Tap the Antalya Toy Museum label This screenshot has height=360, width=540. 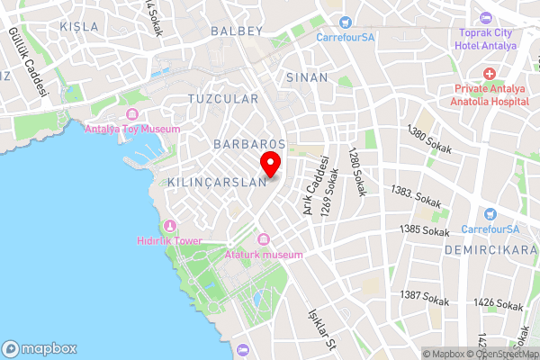(132, 128)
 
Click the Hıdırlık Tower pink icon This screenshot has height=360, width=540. (168, 225)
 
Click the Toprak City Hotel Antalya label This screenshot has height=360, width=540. (486, 40)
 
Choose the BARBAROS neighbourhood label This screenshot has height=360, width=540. (249, 144)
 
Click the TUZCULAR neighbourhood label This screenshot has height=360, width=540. (223, 98)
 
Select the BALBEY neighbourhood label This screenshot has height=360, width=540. (236, 31)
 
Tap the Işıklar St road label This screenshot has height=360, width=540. (321, 332)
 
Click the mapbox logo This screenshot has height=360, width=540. (40, 348)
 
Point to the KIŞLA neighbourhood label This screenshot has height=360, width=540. (79, 26)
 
